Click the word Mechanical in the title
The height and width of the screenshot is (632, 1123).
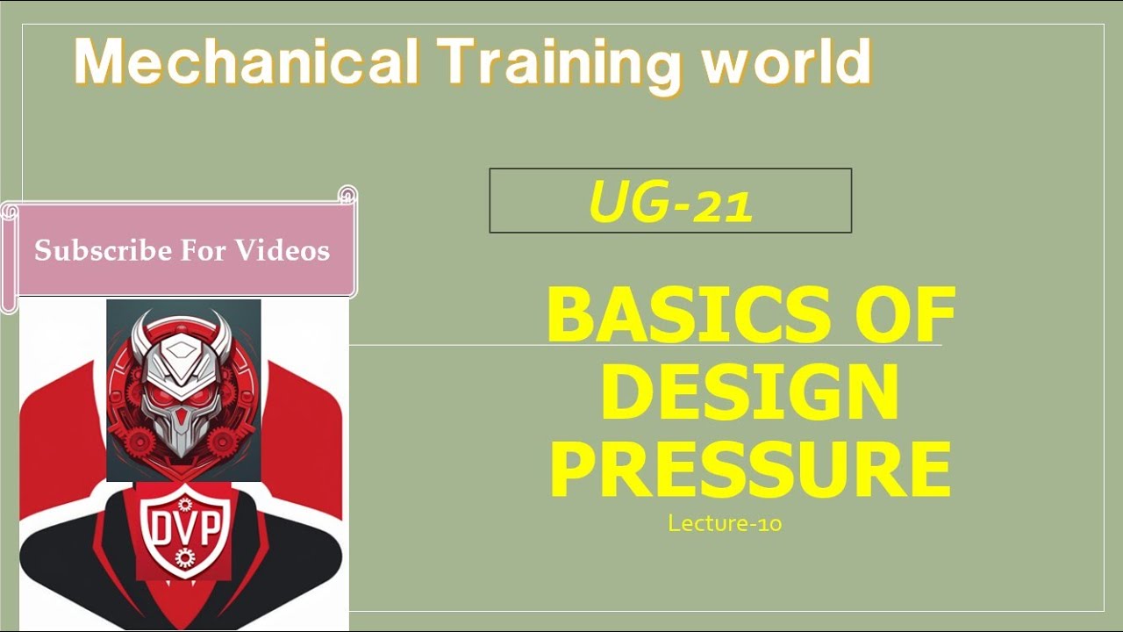pyautogui.click(x=246, y=63)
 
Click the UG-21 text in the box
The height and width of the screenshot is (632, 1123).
pyautogui.click(x=670, y=202)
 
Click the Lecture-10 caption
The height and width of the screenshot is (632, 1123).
pyautogui.click(x=725, y=524)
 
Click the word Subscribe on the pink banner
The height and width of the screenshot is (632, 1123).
pyautogui.click(x=103, y=251)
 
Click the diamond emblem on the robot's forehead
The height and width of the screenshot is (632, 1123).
pyautogui.click(x=182, y=350)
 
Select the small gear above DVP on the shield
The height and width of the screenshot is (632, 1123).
pyautogui.click(x=184, y=504)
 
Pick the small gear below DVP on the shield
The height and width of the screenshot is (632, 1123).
pyautogui.click(x=183, y=556)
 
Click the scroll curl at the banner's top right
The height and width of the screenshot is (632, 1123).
pyautogui.click(x=347, y=194)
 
